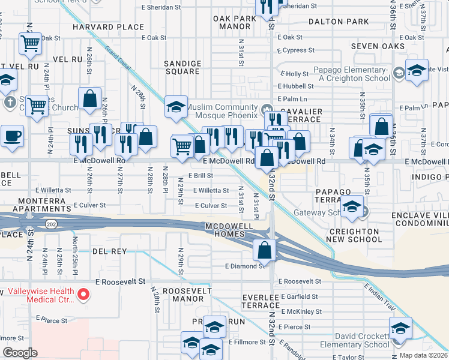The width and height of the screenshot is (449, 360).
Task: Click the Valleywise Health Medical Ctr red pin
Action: [x=84, y=295]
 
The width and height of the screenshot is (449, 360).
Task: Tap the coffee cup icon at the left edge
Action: [x=11, y=136]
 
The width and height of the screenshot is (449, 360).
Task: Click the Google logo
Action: [x=20, y=353]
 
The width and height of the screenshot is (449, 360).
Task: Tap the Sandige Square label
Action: [x=183, y=67]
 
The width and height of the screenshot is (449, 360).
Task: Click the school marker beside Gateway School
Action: [x=353, y=207]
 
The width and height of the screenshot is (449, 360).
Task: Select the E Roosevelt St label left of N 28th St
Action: [x=120, y=281]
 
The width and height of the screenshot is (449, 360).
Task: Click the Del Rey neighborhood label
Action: [x=109, y=251]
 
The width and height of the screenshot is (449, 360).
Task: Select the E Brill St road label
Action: [x=201, y=176]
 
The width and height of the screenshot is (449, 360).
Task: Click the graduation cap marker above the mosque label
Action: [x=176, y=107]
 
